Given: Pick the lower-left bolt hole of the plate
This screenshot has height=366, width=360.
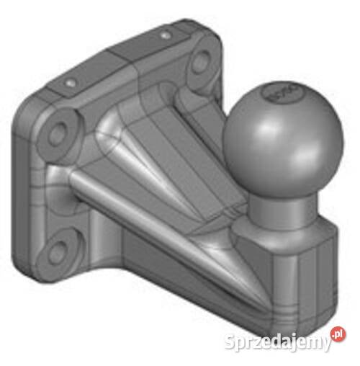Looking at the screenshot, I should pyautogui.click(x=59, y=249).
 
